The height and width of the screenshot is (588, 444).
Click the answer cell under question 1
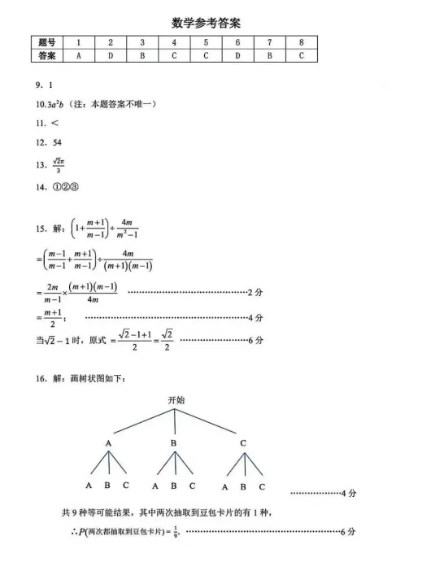tap(78, 55)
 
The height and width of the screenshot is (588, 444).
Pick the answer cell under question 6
tap(237, 55)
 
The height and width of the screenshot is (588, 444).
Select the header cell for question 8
tap(301, 42)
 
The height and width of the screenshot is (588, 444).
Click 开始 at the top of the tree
tap(176, 401)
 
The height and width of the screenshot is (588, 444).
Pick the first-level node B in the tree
tap(173, 444)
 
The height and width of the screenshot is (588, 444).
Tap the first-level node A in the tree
tap(107, 444)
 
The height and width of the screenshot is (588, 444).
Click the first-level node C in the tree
tap(243, 444)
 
